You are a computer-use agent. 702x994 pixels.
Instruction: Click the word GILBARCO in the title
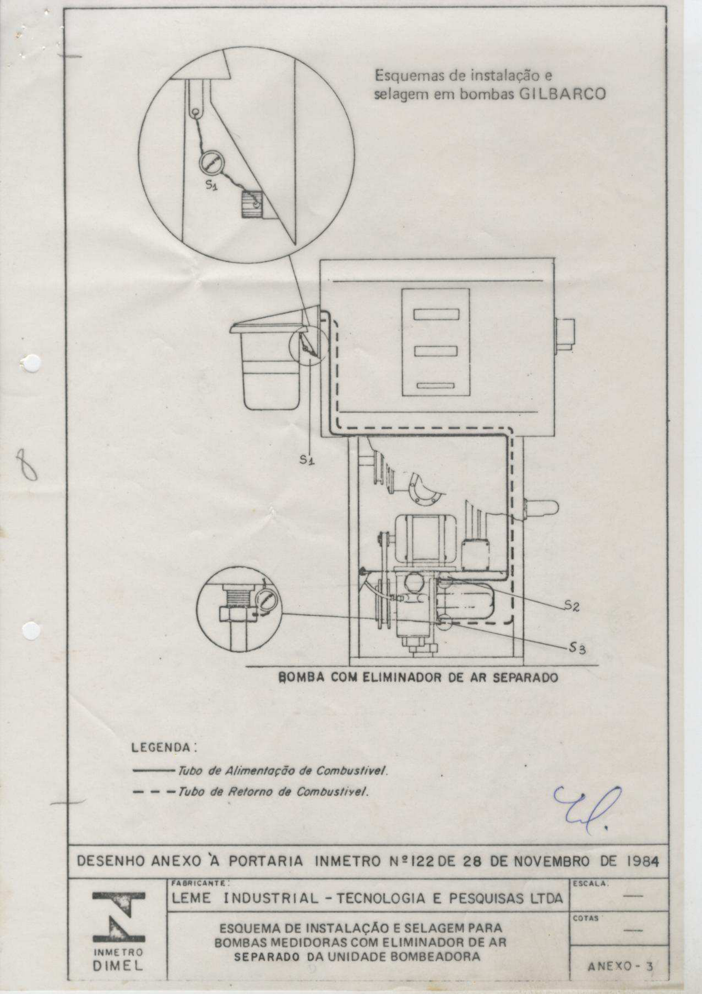(x=562, y=94)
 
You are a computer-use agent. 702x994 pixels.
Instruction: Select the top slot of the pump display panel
(x=436, y=314)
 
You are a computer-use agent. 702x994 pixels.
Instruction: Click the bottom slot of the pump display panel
(x=436, y=385)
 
